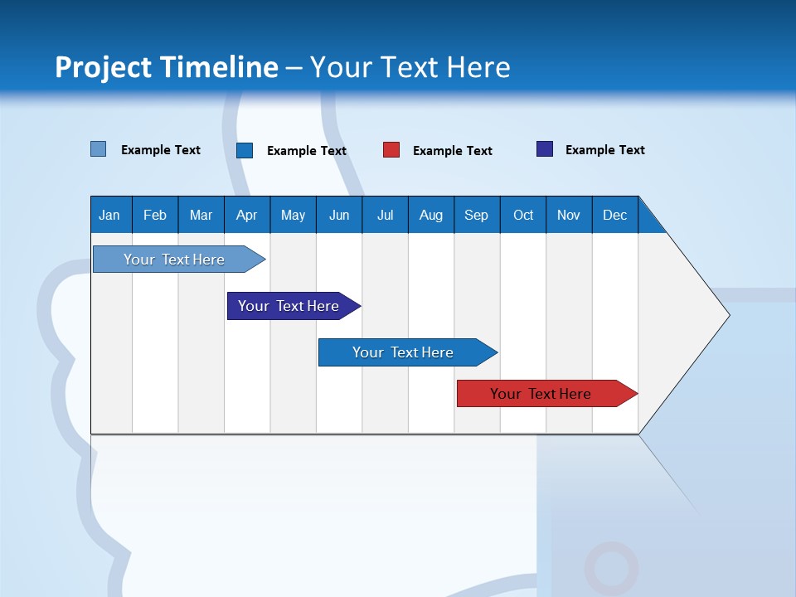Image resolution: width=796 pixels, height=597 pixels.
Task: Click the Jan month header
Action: click(x=109, y=215)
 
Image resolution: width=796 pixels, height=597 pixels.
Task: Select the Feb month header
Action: click(x=155, y=215)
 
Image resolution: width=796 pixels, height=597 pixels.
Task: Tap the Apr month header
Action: click(x=246, y=215)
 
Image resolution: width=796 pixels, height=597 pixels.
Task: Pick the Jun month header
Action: click(x=339, y=215)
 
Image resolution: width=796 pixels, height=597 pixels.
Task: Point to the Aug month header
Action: click(x=430, y=215)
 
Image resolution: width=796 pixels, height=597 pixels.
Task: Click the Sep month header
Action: click(x=476, y=215)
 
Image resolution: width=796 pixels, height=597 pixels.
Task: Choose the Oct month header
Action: click(x=523, y=215)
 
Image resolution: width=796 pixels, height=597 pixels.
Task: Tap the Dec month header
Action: click(x=614, y=215)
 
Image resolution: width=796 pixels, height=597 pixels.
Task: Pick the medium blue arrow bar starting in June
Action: click(x=404, y=352)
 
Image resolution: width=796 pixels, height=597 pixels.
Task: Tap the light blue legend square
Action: click(x=98, y=149)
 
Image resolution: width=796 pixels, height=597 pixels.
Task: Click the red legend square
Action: click(x=391, y=150)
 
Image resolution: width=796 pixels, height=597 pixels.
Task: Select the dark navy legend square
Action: click(x=544, y=149)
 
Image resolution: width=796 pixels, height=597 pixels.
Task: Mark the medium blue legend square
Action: click(x=245, y=150)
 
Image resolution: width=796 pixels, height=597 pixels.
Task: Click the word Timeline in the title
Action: click(x=219, y=67)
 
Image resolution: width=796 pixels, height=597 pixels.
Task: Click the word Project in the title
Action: click(x=103, y=67)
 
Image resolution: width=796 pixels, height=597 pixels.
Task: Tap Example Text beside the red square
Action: click(x=452, y=150)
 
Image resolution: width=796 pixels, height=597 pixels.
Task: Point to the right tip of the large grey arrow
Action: click(x=727, y=314)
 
